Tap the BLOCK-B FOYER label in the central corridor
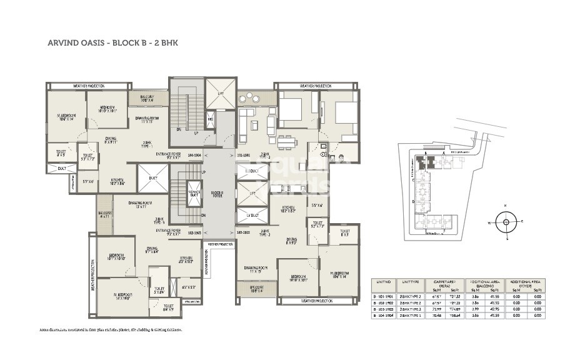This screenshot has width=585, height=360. click(x=217, y=194)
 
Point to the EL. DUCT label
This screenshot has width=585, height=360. click(x=251, y=171)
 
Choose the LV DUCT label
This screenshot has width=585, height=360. click(x=251, y=216)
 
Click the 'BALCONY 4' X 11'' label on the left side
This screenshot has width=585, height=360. click(x=104, y=214)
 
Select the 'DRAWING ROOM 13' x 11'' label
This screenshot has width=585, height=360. click(x=138, y=204)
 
